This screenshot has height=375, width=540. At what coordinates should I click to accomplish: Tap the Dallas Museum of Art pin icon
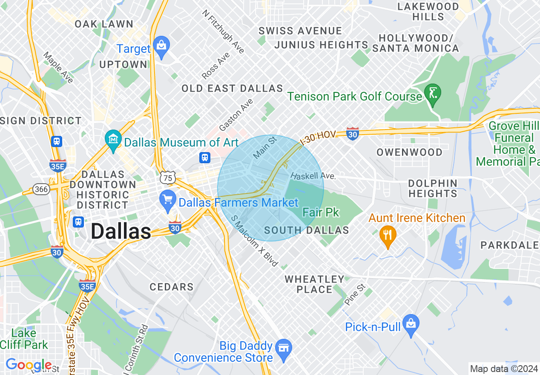click(x=114, y=139)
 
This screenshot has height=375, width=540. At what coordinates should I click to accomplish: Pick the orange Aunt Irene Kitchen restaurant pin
click(x=388, y=235)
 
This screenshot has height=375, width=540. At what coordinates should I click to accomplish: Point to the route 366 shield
click(x=41, y=189)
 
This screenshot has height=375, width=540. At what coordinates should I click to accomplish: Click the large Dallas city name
click(x=121, y=231)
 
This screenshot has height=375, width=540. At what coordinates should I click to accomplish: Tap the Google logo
click(x=29, y=365)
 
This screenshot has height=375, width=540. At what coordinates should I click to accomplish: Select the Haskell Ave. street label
click(x=313, y=176)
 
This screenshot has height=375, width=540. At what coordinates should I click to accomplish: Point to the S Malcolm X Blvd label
click(x=254, y=241)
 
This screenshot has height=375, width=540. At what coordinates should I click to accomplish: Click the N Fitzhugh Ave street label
click(x=223, y=32)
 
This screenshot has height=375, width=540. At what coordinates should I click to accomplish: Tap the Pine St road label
click(x=355, y=294)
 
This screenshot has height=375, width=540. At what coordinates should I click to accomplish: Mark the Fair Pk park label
click(x=321, y=212)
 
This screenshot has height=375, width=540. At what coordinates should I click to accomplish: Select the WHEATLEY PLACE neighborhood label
click(x=314, y=284)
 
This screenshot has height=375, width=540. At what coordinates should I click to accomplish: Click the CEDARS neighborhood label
click(x=172, y=287)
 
